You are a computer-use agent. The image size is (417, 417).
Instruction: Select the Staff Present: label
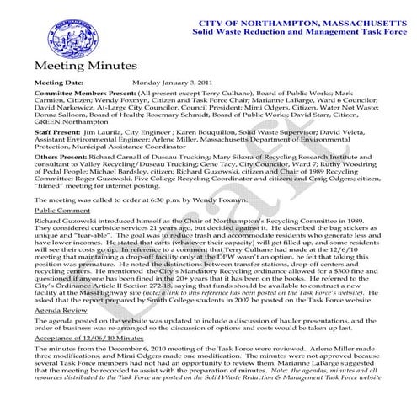tap(56, 157)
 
